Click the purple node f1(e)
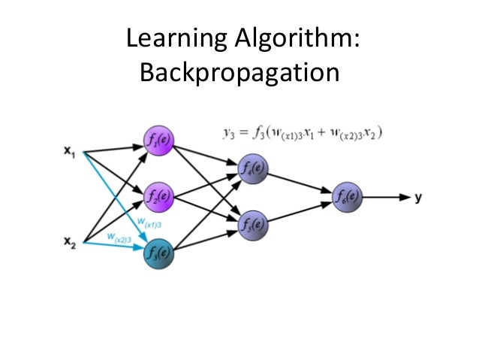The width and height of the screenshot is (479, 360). tap(158, 139)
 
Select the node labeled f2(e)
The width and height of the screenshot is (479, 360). tap(158, 197)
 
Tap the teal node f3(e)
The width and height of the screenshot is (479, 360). tap(158, 253)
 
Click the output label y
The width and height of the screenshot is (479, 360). tap(417, 198)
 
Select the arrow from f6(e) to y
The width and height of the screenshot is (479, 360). tap(387, 198)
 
